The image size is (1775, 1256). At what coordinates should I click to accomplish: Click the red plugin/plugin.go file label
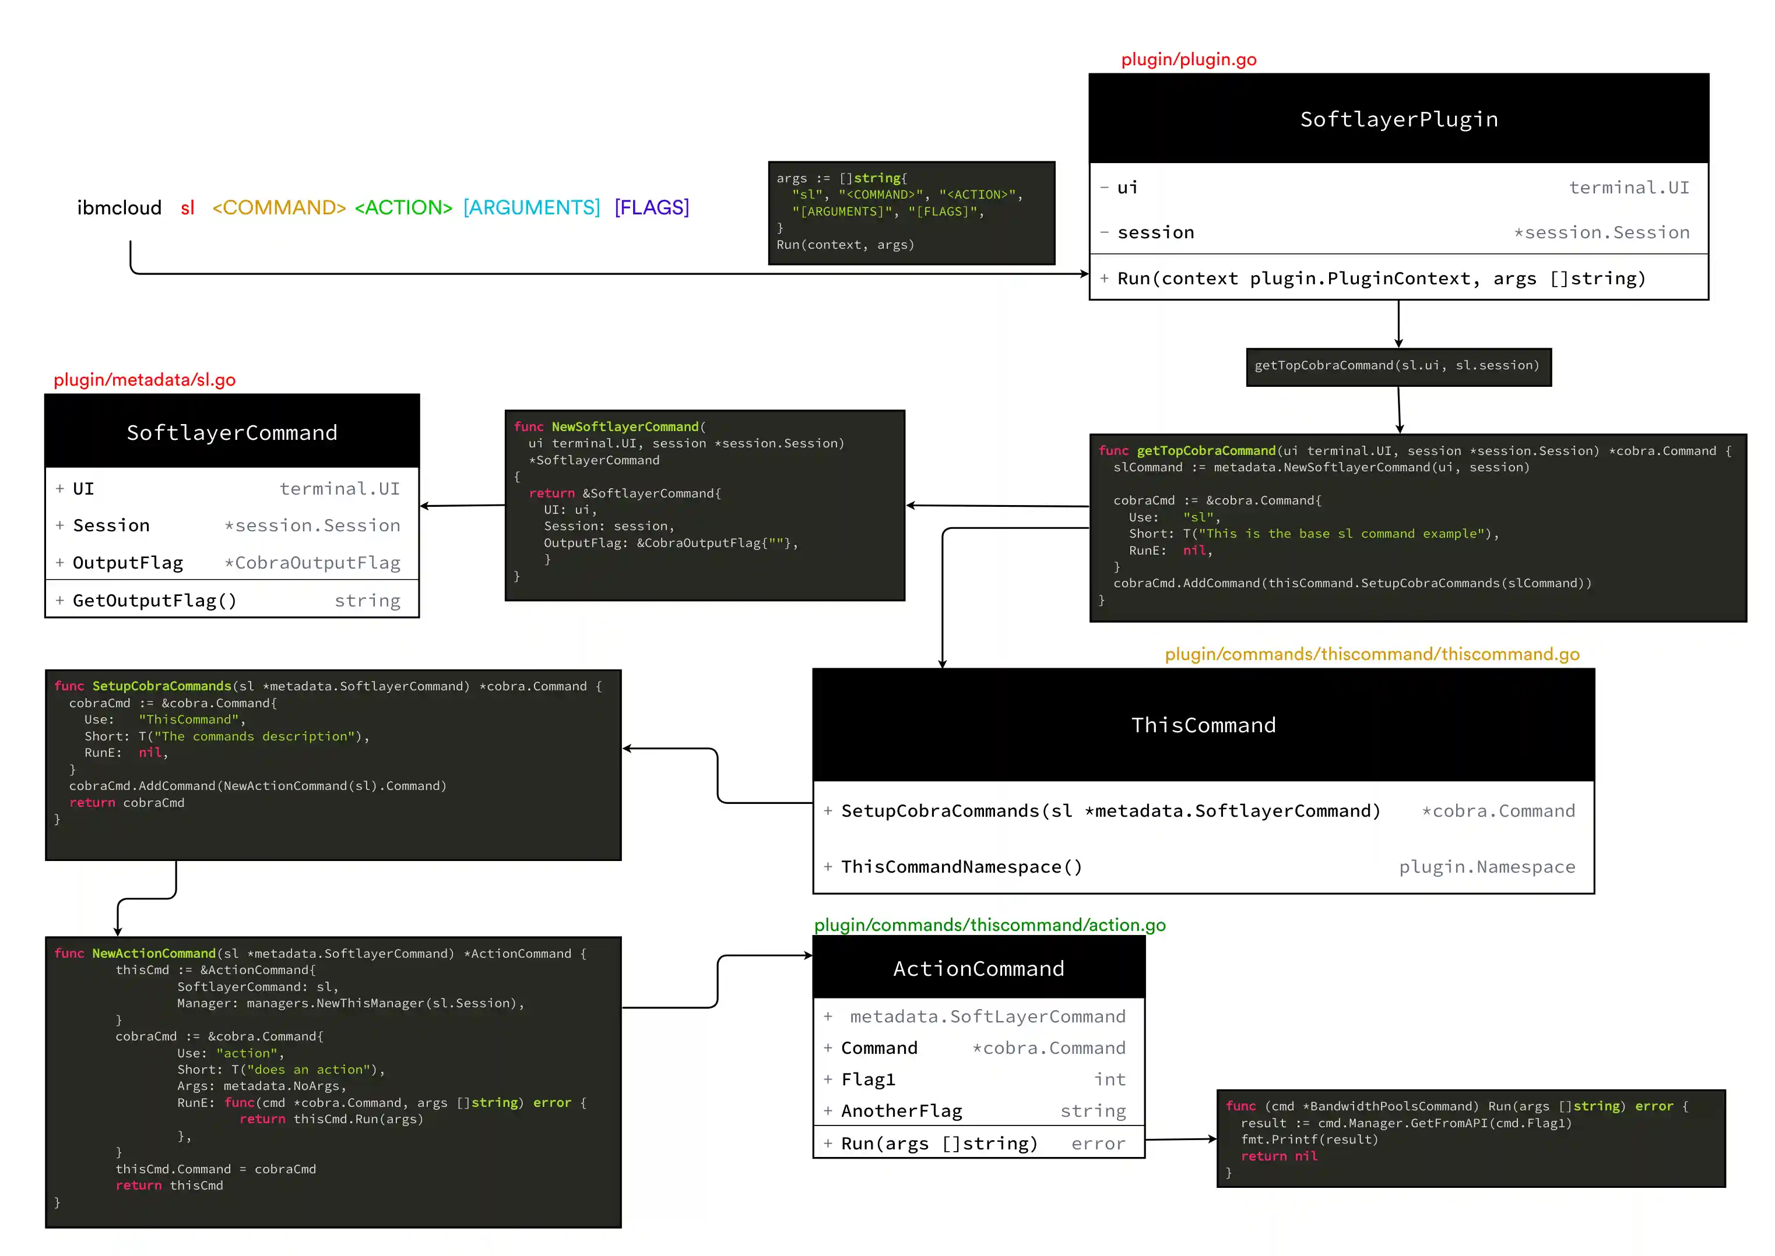[1188, 59]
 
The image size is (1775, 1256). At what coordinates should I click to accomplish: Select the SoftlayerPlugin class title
[1398, 119]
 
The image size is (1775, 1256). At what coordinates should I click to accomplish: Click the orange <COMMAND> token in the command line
[279, 207]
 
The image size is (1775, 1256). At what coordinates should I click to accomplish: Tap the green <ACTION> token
[403, 207]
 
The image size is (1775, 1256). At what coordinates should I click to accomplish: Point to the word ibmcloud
[119, 207]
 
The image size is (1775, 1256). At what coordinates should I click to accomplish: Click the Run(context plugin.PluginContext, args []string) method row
[1380, 278]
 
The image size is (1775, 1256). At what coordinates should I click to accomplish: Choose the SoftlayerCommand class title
[232, 432]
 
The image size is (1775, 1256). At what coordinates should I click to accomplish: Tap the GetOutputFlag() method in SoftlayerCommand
[154, 601]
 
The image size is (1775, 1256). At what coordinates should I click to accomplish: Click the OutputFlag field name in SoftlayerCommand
[128, 563]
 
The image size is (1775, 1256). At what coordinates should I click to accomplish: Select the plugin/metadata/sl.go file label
[145, 380]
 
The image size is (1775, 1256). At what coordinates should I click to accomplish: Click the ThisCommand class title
[1203, 725]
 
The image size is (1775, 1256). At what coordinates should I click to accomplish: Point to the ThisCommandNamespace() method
[961, 867]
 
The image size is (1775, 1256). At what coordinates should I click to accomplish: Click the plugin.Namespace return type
[1486, 867]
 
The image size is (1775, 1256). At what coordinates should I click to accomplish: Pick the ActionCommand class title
[978, 968]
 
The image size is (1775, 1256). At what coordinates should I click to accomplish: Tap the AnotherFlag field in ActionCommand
[901, 1112]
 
